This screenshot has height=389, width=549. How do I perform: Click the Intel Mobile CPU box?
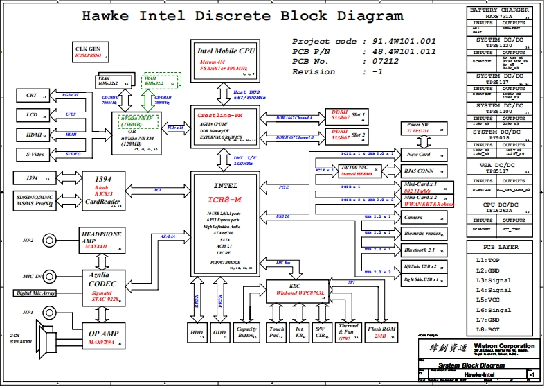click(x=226, y=58)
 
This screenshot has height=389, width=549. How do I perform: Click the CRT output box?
click(x=31, y=96)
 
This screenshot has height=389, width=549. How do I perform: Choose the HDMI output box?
click(x=31, y=135)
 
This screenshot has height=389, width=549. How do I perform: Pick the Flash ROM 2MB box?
click(x=381, y=331)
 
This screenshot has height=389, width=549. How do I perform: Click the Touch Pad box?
click(x=277, y=331)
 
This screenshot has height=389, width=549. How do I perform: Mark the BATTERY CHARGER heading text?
click(x=500, y=10)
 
